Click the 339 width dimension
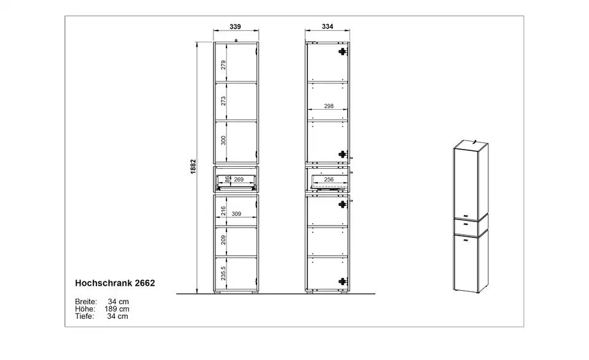pos(235,26)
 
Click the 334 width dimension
pos(328,26)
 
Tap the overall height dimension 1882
pos(193,167)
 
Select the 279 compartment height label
pos(223,65)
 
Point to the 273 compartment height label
pos(223,101)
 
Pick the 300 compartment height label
pos(223,140)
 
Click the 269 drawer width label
pos(239,180)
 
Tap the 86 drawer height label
pos(227,180)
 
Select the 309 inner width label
pos(236,214)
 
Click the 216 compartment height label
pos(223,210)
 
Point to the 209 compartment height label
pos(223,240)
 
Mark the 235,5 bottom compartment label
pos(223,274)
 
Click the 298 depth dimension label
pos(329,106)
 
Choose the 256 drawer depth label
pos(329,180)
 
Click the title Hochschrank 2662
pos(115,283)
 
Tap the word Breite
pos(86,302)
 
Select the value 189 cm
pos(117,309)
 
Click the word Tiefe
pos(85,316)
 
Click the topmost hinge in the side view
pos(342,52)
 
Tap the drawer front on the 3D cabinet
pos(466,227)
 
